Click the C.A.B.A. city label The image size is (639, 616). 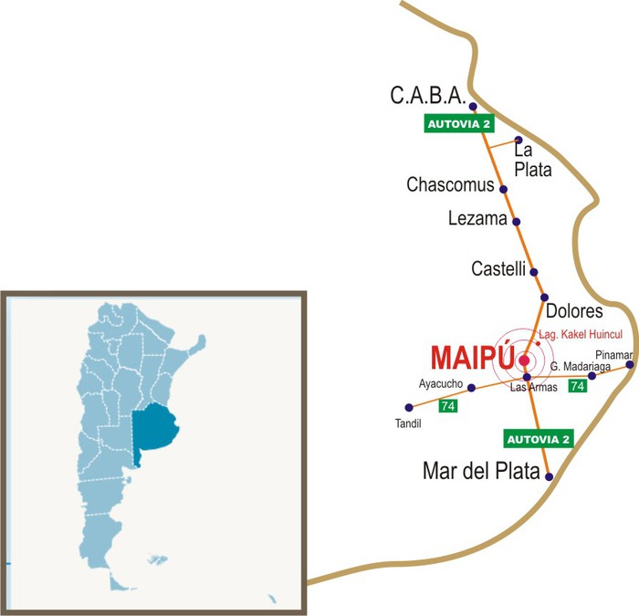[428, 96]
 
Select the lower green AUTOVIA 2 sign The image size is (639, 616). [539, 439]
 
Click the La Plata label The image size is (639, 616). [532, 160]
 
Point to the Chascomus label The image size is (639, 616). [450, 185]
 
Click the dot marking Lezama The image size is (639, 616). [517, 222]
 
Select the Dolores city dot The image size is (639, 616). [544, 298]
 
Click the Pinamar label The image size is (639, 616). [612, 353]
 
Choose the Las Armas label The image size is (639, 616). [532, 387]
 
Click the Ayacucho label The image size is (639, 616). [441, 383]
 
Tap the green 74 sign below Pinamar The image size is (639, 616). [577, 386]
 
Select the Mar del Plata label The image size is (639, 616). [481, 472]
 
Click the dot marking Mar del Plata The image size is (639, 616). [549, 476]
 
